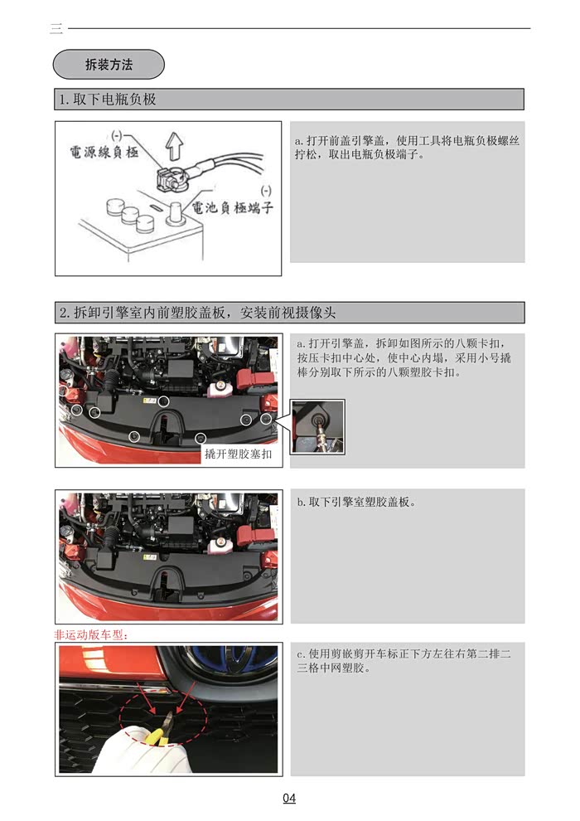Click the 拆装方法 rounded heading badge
click(x=109, y=64)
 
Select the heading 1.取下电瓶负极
click(x=107, y=100)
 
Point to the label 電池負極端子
click(x=232, y=207)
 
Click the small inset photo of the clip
click(x=317, y=425)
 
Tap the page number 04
click(x=289, y=799)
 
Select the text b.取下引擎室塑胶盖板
click(x=355, y=503)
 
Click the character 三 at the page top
click(x=56, y=29)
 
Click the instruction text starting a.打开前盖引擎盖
click(x=407, y=147)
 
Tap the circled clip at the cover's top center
click(x=164, y=401)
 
